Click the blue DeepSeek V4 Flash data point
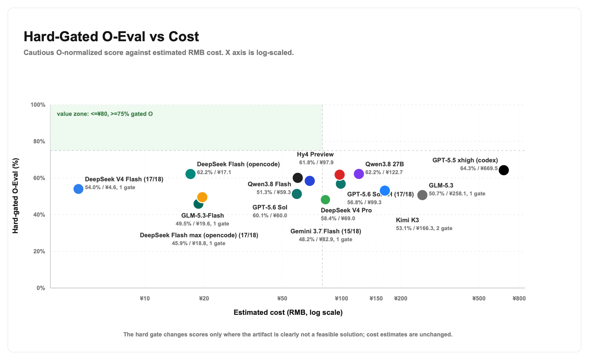[x=78, y=189]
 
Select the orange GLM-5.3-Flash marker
[x=202, y=197]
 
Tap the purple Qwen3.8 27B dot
[x=359, y=174]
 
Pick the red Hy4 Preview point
[x=340, y=175]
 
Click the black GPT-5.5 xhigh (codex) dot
[x=504, y=170]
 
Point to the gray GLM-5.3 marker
[x=422, y=195]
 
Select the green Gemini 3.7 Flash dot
[x=325, y=200]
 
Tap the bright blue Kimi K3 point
[x=385, y=190]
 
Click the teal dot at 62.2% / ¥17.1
[x=190, y=174]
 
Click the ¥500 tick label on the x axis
[x=479, y=298]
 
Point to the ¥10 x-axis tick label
[x=145, y=298]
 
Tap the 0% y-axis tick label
[x=41, y=288]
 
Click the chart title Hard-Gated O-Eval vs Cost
[x=111, y=36]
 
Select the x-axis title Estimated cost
[x=288, y=313]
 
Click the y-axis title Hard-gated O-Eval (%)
[x=15, y=196]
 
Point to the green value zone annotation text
[x=105, y=114]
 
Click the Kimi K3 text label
[x=407, y=220]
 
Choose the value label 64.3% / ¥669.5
[x=479, y=169]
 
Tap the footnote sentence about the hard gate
[x=288, y=334]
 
